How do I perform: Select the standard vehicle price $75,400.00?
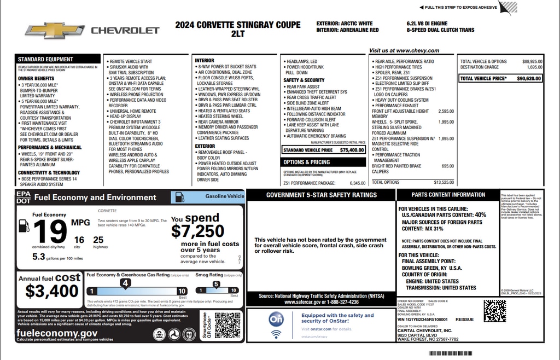[352, 149]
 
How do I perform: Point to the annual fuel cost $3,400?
[52, 290]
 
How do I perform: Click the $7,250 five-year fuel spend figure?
[197, 230]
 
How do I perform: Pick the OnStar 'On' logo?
[277, 321]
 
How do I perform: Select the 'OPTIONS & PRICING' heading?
[307, 162]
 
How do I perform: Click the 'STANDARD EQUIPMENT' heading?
[45, 59]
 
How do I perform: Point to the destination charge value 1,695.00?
[534, 67]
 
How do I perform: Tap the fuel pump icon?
[24, 226]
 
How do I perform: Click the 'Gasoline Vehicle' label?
[224, 196]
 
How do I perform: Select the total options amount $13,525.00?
[443, 182]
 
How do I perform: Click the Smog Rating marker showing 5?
[216, 284]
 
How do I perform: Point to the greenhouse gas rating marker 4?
[126, 283]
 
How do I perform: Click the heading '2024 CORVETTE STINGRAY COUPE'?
[238, 25]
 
